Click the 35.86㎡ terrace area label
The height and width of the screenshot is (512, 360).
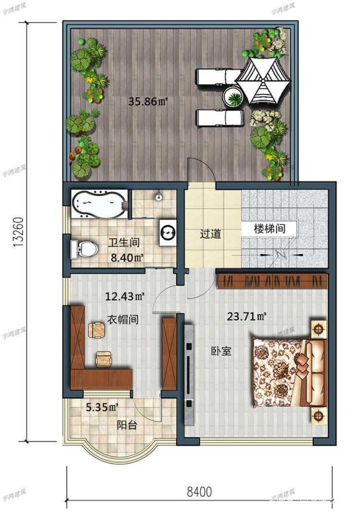pos(148,102)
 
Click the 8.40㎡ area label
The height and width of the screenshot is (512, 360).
pos(126,258)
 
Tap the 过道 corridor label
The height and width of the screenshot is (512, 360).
pos(211,234)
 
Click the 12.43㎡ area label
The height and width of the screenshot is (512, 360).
pos(122,294)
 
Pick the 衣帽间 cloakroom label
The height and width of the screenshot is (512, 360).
pos(123,319)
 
